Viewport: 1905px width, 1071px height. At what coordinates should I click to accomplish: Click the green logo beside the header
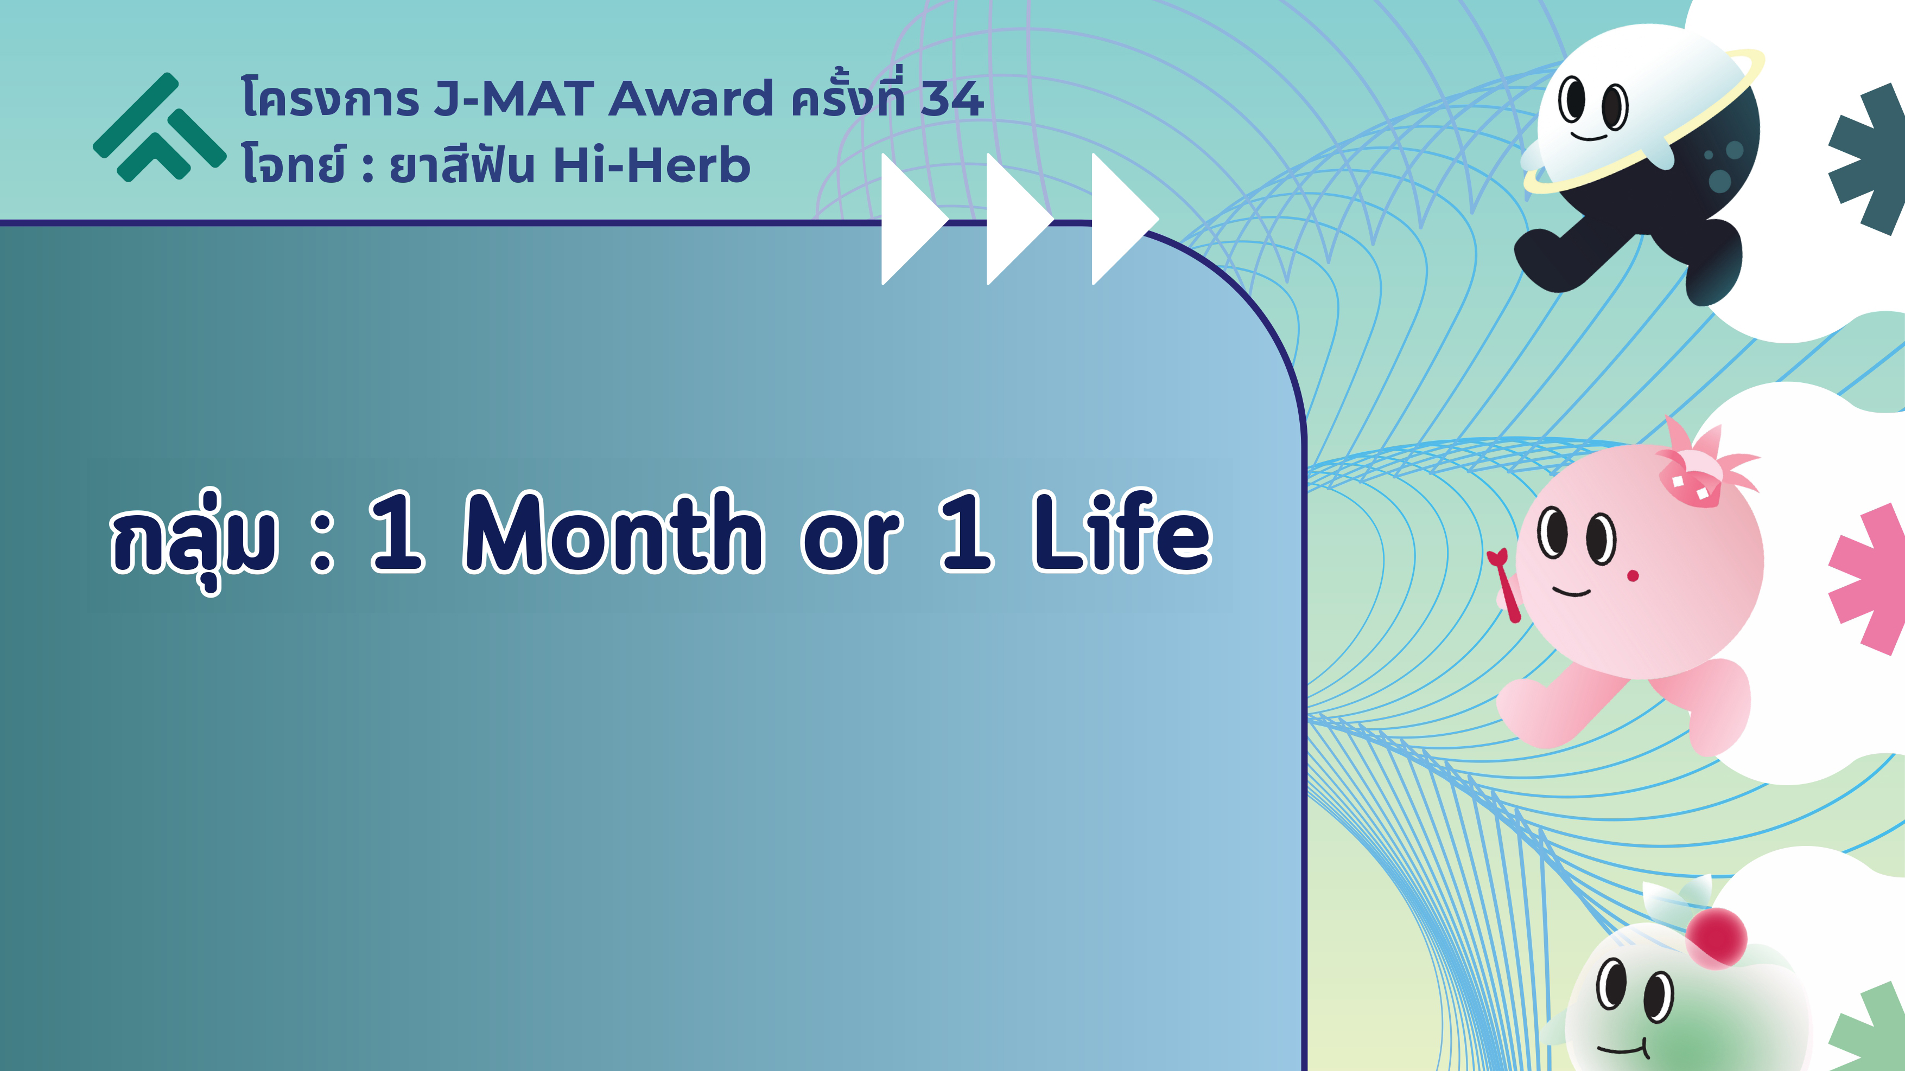(159, 127)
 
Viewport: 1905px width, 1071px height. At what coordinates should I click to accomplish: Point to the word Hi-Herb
(651, 165)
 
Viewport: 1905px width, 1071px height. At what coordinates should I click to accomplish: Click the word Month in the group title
(614, 531)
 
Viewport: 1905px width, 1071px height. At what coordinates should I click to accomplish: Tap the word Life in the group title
(1122, 531)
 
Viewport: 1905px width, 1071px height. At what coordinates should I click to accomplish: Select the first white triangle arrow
(914, 219)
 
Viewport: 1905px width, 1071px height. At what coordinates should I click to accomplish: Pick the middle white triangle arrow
(1019, 219)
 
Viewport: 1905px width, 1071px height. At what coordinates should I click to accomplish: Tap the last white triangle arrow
(1125, 219)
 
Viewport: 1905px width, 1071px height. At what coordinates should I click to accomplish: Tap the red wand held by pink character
(1505, 585)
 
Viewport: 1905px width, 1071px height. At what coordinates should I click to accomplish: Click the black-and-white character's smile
(1589, 137)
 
